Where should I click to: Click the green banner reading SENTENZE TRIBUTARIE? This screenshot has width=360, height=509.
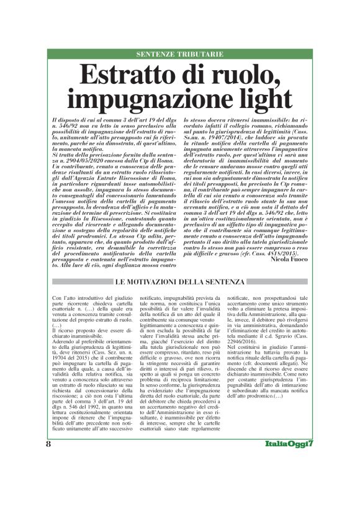[180, 55]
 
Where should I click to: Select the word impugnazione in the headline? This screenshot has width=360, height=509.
[151, 99]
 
